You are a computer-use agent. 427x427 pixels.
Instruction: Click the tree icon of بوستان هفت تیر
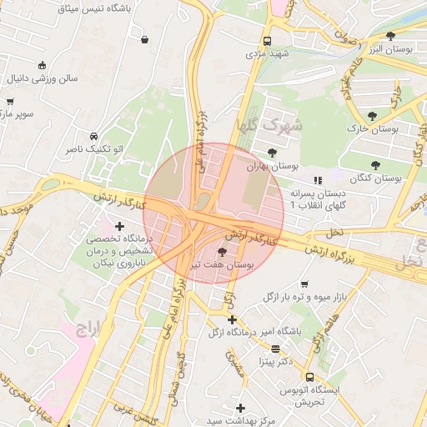[221, 251]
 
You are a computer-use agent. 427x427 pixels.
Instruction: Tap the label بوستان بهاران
[273, 167]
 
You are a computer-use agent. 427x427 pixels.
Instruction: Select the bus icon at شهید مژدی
[267, 41]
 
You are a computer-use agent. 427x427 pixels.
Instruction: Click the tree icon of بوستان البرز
[391, 35]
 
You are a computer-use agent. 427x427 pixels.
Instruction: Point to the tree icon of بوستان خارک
[372, 116]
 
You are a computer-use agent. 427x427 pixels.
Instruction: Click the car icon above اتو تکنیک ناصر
[93, 136]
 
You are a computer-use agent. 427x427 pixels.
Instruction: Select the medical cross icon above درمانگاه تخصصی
[120, 226]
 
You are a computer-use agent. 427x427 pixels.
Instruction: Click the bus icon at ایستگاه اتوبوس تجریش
[309, 378]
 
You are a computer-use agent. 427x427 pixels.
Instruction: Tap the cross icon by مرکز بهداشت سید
[241, 408]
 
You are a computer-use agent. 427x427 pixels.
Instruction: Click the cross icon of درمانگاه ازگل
[233, 319]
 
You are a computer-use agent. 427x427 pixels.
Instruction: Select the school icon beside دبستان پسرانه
[317, 180]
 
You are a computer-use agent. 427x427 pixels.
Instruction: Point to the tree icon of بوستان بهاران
[273, 152]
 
